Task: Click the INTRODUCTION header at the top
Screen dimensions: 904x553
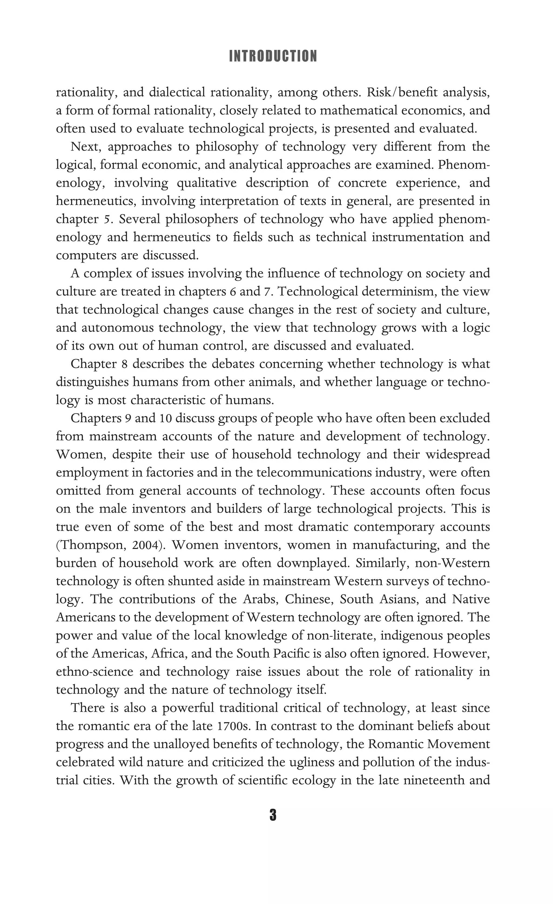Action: (273, 56)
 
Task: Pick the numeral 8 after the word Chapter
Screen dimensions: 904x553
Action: (124, 364)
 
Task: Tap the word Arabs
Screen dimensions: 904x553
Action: (258, 600)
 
